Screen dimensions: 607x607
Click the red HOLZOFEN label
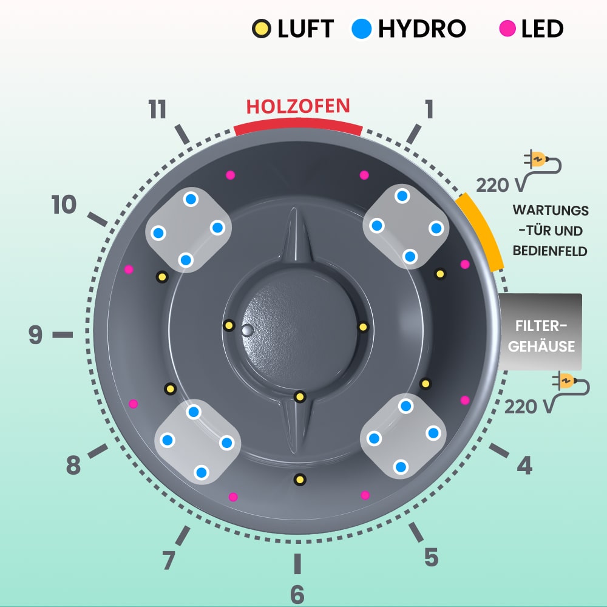point(298,106)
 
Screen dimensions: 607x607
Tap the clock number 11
point(157,110)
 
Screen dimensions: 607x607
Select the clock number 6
point(297,595)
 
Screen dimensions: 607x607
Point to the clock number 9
point(36,334)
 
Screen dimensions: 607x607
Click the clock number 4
point(524,466)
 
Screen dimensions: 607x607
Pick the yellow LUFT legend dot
point(261,29)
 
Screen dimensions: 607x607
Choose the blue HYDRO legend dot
point(362,29)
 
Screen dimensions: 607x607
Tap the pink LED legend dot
point(507,29)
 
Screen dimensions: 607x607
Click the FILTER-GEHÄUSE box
point(541,331)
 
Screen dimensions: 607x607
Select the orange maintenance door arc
point(481,231)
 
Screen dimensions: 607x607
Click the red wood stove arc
point(298,127)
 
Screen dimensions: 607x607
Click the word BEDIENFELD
point(550,251)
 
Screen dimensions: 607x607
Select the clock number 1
point(429,110)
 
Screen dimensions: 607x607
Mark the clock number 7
point(169,560)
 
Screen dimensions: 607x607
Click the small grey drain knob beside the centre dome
point(246,330)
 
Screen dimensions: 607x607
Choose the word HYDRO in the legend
point(422,29)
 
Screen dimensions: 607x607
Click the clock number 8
point(73,466)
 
